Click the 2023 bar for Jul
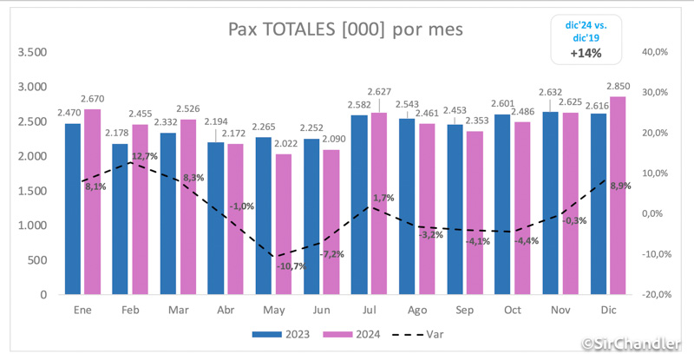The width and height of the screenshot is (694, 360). (x=359, y=205)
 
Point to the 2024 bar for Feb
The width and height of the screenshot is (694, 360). (x=140, y=209)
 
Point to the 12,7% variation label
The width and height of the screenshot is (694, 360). (x=145, y=156)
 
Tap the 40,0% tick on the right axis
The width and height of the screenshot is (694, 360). (x=655, y=52)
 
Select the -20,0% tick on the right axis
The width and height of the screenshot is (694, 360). (x=653, y=295)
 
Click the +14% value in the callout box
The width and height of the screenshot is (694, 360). (x=586, y=54)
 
